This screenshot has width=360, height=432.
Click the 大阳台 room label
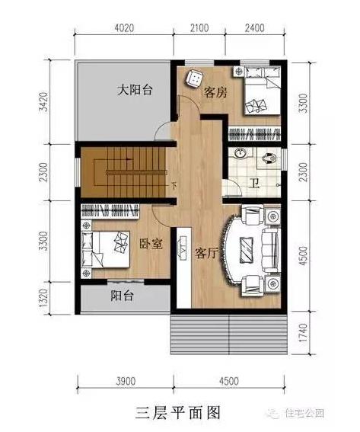pos(135,91)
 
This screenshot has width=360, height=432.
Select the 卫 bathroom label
pos(256,183)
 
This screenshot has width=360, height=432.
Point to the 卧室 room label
pos(151,244)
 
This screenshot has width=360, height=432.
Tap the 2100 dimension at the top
pos(199,29)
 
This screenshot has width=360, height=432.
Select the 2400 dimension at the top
pos(254,29)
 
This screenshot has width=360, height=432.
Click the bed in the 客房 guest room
pos(257,92)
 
